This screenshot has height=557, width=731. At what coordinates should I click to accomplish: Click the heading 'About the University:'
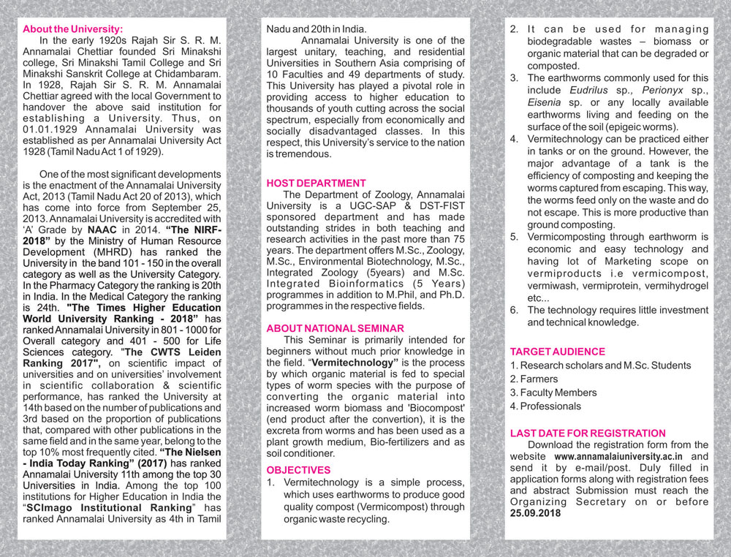73,29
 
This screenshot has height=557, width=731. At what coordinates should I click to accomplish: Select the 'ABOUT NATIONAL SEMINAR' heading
335,328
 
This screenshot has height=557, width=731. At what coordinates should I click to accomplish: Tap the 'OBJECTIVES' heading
298,470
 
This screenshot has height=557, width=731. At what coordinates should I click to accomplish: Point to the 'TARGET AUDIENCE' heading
558,352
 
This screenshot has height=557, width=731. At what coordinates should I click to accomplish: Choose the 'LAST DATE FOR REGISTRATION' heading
588,433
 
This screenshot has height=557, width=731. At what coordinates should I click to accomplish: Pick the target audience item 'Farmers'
538,379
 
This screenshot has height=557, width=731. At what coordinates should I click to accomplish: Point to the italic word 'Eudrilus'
590,91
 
